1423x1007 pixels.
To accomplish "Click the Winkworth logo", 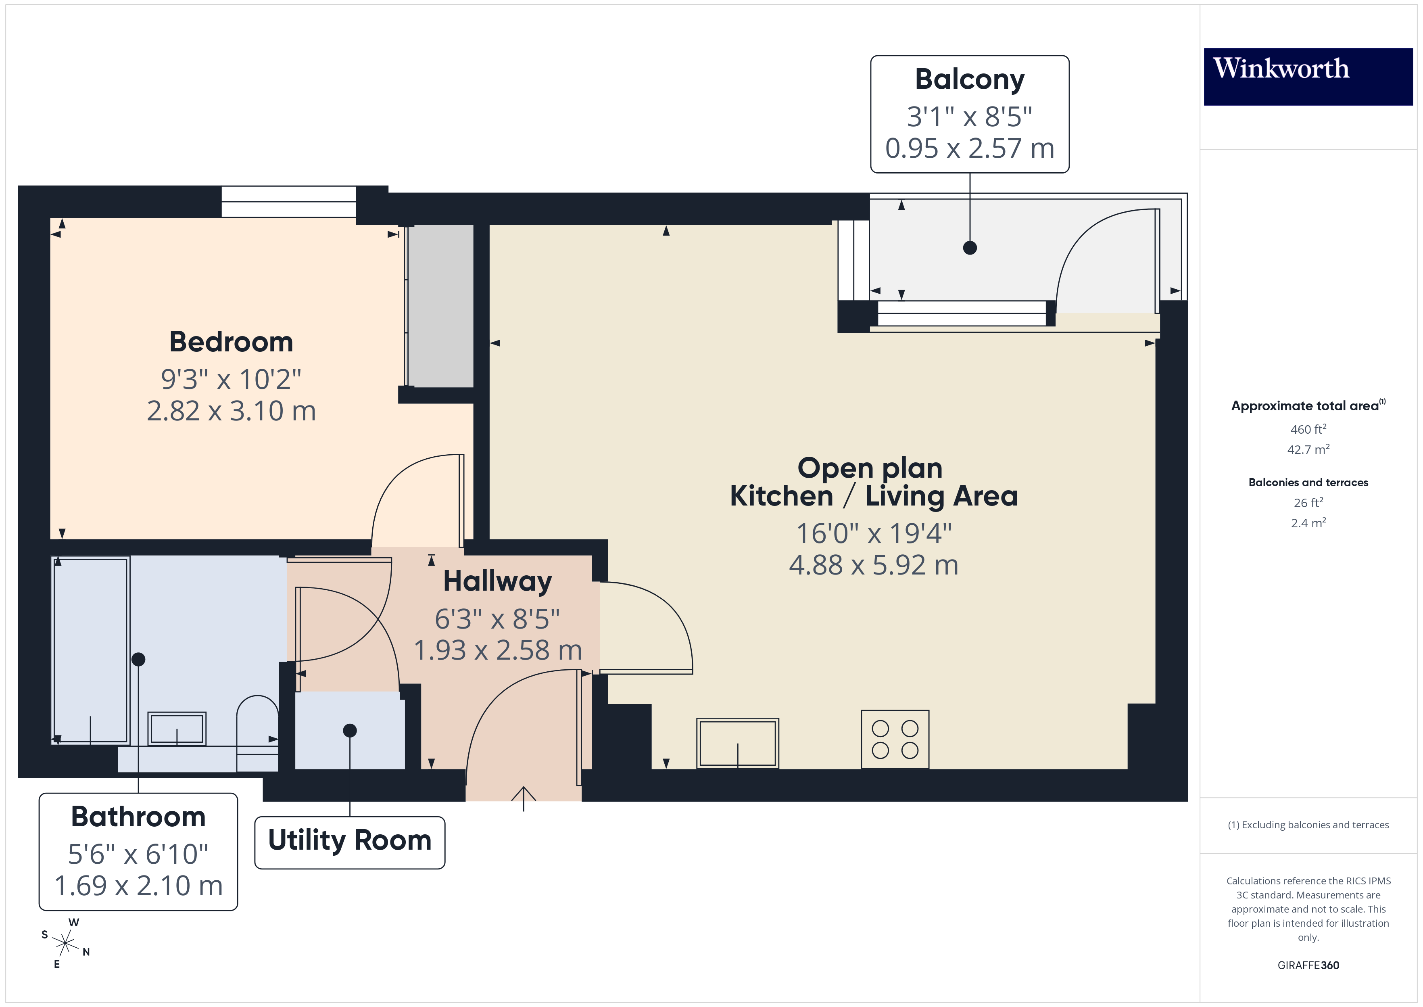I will (x=1308, y=76).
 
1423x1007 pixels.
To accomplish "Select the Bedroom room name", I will (x=231, y=342).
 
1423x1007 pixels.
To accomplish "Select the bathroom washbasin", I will (x=177, y=729).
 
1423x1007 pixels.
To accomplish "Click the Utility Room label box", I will (x=350, y=842).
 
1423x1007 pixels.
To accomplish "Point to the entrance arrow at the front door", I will (x=523, y=798).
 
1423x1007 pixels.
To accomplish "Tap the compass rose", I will (x=65, y=944).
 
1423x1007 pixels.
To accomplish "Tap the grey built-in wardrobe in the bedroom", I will (x=441, y=306).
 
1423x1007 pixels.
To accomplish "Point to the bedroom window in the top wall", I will (x=289, y=202).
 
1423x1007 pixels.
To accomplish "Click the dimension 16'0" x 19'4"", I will (x=873, y=533).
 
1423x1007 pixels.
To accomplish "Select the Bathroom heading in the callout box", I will (x=138, y=817).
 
